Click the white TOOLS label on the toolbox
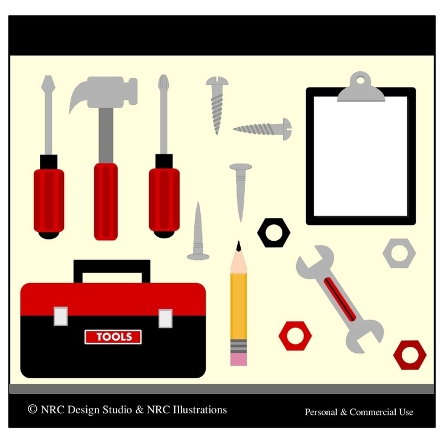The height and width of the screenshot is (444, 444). point(113,337)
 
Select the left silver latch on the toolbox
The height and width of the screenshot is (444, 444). point(60,316)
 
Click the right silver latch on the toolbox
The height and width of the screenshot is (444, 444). point(165,318)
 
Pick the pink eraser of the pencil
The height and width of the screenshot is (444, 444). point(238,360)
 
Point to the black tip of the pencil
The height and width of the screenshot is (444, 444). point(239,246)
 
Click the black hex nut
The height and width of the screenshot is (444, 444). point(274,233)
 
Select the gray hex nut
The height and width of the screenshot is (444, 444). point(399,253)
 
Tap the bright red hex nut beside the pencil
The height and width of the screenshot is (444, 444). point(295,335)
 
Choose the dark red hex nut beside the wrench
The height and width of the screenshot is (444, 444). point(410,355)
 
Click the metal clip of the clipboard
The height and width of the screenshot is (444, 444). point(361,88)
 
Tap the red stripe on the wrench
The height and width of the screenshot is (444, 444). point(339,298)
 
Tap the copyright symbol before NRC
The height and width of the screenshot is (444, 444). point(33,410)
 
